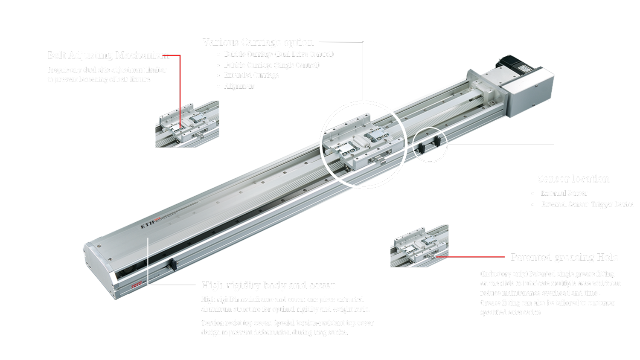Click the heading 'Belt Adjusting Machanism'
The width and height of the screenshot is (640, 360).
(x=108, y=55)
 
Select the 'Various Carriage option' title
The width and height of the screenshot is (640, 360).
(x=258, y=42)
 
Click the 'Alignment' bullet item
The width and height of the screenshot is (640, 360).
(x=239, y=86)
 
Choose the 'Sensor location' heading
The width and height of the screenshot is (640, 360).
(x=573, y=179)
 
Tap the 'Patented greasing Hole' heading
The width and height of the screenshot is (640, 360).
(x=564, y=257)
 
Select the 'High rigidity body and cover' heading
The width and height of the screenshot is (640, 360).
(x=268, y=285)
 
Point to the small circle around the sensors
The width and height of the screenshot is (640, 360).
(x=430, y=145)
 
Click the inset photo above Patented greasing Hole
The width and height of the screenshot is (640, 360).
(x=419, y=246)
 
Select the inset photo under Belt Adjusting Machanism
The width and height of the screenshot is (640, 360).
(x=187, y=124)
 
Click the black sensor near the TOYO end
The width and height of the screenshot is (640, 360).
(x=174, y=265)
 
